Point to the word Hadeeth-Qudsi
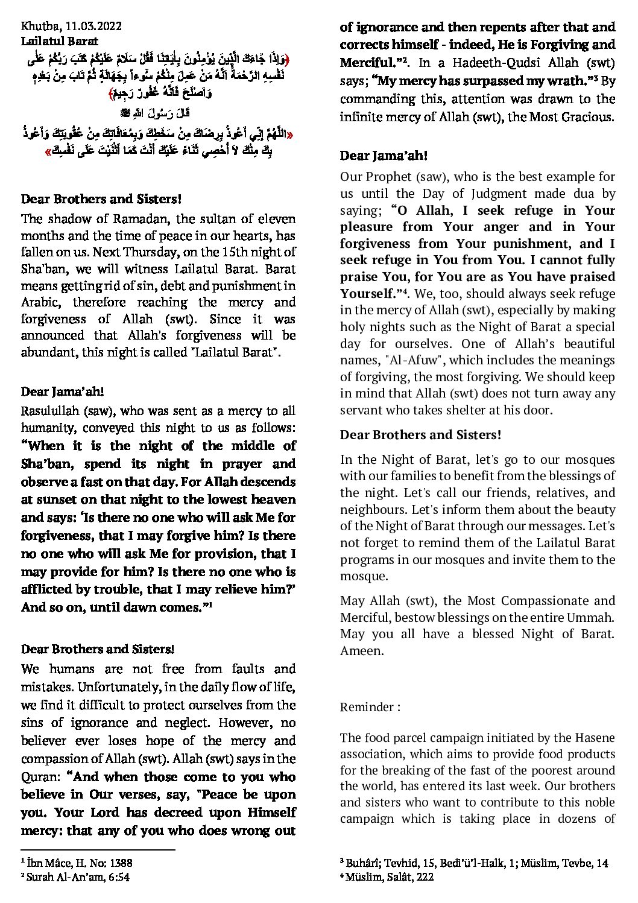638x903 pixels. pos(472,62)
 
